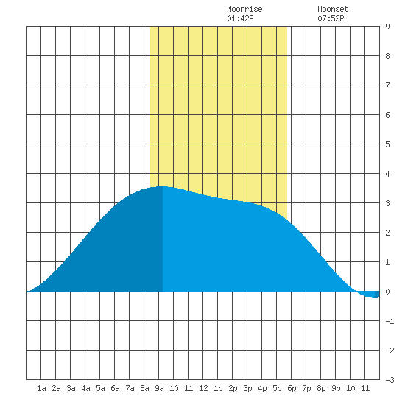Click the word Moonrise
pos(244,9)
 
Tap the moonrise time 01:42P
pos(240,18)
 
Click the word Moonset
pos(333,9)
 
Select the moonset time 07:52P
pos(331,18)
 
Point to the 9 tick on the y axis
pos(387,27)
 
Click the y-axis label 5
pos(387,144)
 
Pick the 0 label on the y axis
pos(387,292)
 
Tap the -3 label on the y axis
pos(390,380)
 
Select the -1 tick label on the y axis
pos(390,321)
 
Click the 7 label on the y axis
pos(387,85)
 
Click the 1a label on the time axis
pos(41,388)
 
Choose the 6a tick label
pos(115,388)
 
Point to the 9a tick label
pos(159,388)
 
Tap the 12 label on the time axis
pos(203,388)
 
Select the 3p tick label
pos(247,388)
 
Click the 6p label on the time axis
pos(292,388)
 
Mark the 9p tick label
pos(336,388)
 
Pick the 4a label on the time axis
pos(85,388)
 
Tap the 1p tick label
pos(218,388)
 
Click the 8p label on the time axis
pos(321,388)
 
